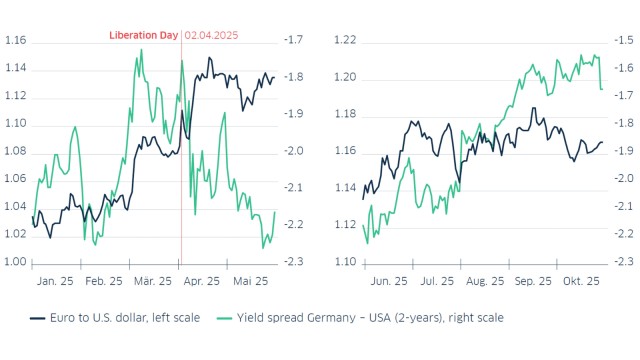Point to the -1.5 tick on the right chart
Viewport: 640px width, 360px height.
623,41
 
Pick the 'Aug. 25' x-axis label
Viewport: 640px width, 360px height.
486,282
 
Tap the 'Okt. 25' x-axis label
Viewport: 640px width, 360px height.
581,282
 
